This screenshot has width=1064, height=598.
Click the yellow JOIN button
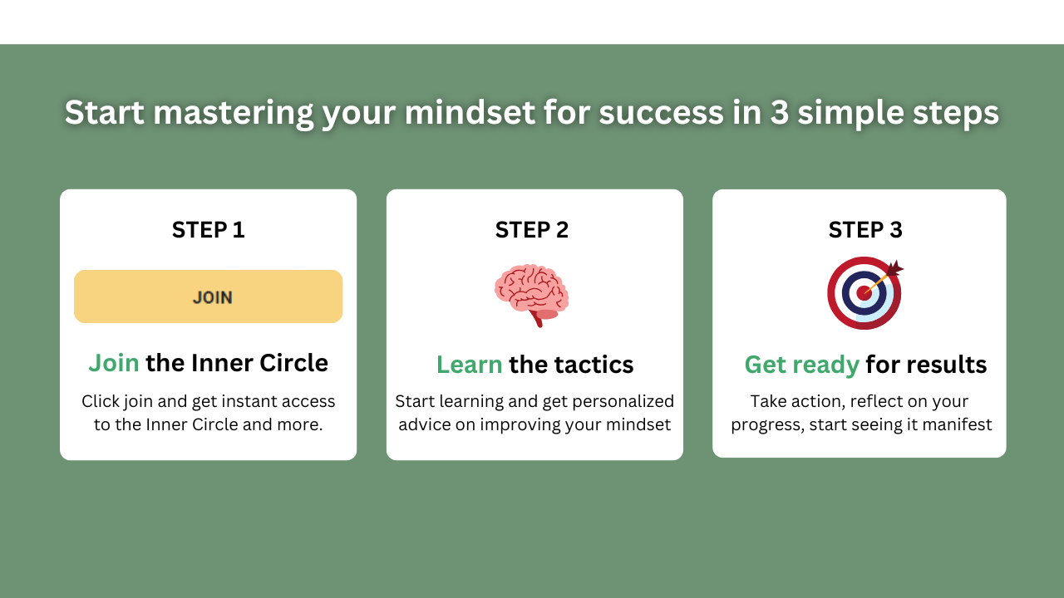coord(208,297)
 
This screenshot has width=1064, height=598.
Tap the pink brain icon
coord(531,295)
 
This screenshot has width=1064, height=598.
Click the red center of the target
coord(864,293)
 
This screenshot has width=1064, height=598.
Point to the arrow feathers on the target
coord(894,268)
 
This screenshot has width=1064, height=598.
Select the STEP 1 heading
coord(208,230)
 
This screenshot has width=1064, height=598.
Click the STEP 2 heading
coord(531,230)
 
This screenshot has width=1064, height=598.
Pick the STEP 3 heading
coord(865,230)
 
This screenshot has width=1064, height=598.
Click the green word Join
coord(114,363)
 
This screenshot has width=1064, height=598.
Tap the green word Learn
coord(470,365)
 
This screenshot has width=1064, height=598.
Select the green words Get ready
coord(802,365)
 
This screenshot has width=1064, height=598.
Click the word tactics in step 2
coord(594,365)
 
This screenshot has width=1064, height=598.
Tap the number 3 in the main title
coord(780,112)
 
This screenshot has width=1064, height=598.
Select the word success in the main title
coord(661,113)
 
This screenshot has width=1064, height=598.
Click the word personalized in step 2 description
coord(623,402)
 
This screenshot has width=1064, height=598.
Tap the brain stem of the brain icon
coord(538,320)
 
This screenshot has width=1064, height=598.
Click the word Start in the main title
coord(104,112)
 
